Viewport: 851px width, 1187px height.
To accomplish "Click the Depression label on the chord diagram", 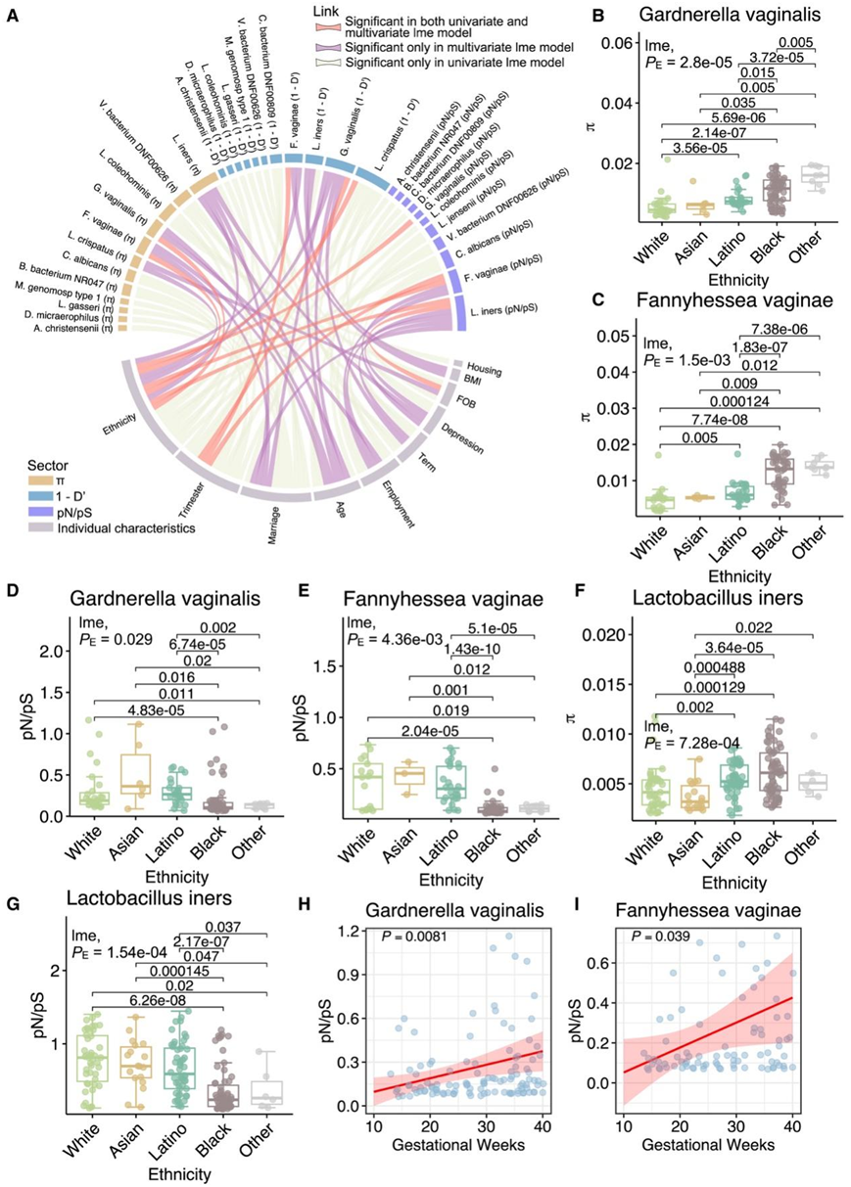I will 461,438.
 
